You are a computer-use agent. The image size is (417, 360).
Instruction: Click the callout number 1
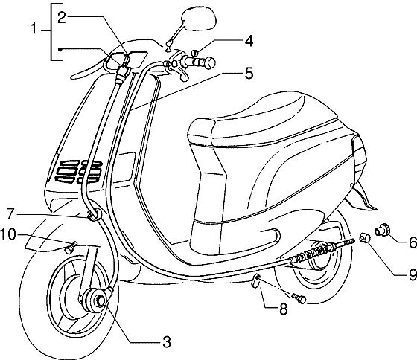click(x=34, y=29)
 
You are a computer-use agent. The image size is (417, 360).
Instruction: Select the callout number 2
click(x=61, y=18)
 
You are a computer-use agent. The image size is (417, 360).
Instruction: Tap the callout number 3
click(x=166, y=341)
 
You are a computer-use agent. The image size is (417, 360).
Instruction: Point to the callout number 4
click(x=249, y=42)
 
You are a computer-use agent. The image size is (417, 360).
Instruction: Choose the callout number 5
click(x=249, y=74)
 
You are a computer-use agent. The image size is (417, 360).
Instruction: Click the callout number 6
click(x=413, y=242)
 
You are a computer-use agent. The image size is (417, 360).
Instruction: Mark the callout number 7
click(x=10, y=214)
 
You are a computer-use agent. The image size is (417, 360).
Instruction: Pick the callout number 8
click(x=283, y=309)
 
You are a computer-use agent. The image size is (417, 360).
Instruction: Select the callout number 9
click(x=413, y=274)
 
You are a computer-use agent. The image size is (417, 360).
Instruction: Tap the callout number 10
click(x=8, y=235)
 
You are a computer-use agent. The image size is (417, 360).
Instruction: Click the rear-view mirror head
click(x=199, y=18)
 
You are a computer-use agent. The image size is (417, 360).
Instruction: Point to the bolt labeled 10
click(x=71, y=248)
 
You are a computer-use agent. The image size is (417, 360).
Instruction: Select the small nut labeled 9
click(x=363, y=237)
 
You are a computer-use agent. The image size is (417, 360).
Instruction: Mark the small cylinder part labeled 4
click(x=195, y=53)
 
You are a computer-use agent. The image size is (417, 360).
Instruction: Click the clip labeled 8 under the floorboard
click(x=256, y=281)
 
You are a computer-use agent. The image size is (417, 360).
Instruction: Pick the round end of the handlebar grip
click(x=210, y=62)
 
